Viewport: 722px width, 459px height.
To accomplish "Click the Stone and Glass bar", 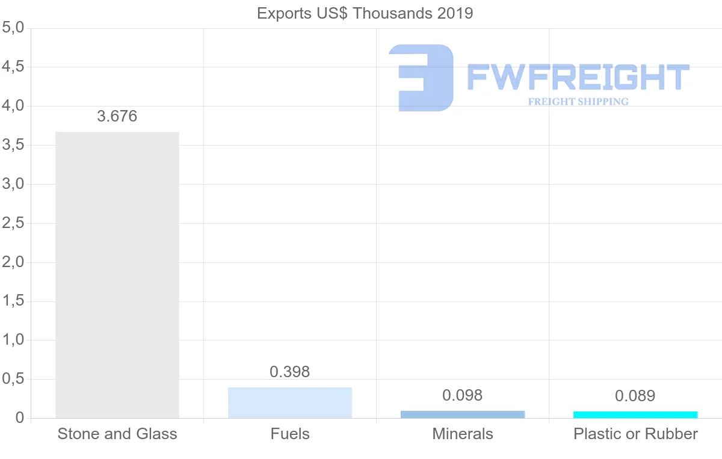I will click(117, 274).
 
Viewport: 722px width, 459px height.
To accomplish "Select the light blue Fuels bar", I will click(290, 402).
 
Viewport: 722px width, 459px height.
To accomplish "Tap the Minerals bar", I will click(463, 414).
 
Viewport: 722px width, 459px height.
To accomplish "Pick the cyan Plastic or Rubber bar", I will click(635, 414).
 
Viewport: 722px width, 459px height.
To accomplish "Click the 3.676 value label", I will click(117, 116).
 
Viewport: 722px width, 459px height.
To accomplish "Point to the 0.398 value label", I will click(290, 372).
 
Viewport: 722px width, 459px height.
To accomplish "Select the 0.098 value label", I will click(463, 395).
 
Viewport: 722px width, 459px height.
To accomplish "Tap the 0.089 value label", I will click(635, 396).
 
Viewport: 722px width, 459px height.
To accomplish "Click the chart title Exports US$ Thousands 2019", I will click(365, 13).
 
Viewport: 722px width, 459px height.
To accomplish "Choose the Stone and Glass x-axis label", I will click(117, 434).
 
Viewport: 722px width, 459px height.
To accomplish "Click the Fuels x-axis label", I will click(290, 434).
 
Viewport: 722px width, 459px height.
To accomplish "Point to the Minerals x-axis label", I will click(463, 434).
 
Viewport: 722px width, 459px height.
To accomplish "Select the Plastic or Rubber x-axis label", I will click(635, 434).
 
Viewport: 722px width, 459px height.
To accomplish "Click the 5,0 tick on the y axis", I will click(13, 28).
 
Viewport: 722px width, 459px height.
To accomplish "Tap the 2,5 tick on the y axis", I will click(13, 223).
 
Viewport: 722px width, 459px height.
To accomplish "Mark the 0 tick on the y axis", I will click(19, 418).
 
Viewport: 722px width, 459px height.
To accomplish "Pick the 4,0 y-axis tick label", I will click(13, 106).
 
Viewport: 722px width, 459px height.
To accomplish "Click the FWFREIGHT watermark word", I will click(578, 78).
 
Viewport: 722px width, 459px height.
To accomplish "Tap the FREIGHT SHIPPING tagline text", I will click(578, 102).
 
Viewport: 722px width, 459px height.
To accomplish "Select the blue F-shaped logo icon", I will click(421, 78).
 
